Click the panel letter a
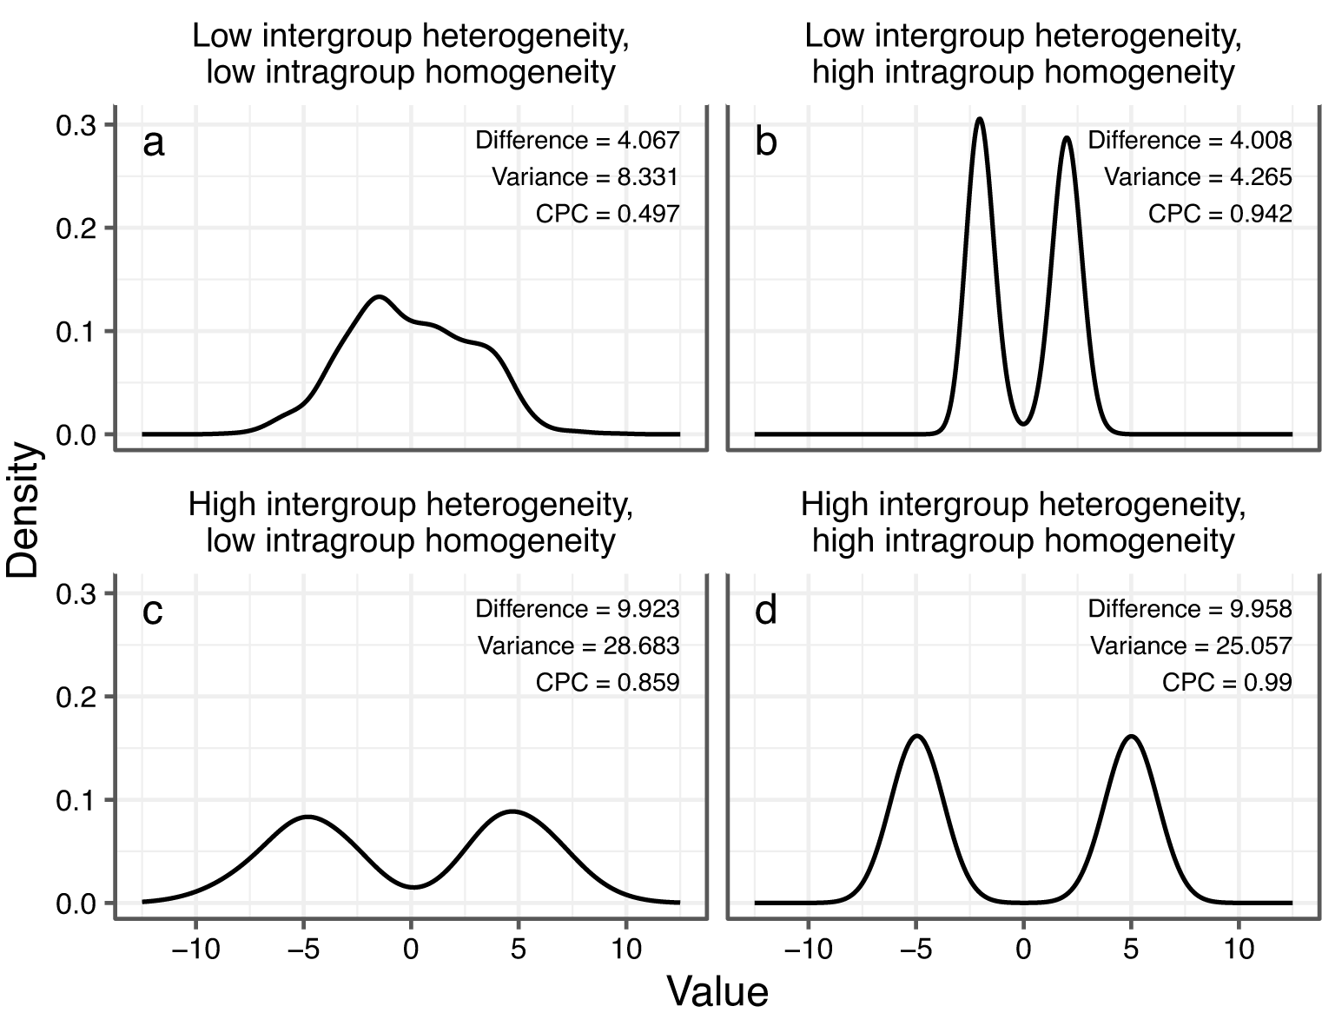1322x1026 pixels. (x=153, y=143)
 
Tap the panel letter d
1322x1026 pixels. (x=766, y=612)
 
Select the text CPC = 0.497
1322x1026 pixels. (x=607, y=214)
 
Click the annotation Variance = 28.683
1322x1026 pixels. (x=578, y=646)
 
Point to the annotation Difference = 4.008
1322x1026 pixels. (x=1190, y=141)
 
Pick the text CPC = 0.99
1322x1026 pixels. (x=1226, y=683)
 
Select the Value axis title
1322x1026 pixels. (x=717, y=991)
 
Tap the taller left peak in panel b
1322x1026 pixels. (x=979, y=119)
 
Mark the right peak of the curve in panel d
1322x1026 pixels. (x=1131, y=736)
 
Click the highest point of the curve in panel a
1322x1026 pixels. (x=379, y=297)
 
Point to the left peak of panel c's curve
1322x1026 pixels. (x=306, y=817)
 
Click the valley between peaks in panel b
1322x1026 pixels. (x=1024, y=424)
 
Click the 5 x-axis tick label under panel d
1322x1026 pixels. (x=1131, y=949)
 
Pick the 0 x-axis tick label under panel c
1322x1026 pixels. (x=411, y=949)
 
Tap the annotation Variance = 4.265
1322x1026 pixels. (x=1198, y=177)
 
